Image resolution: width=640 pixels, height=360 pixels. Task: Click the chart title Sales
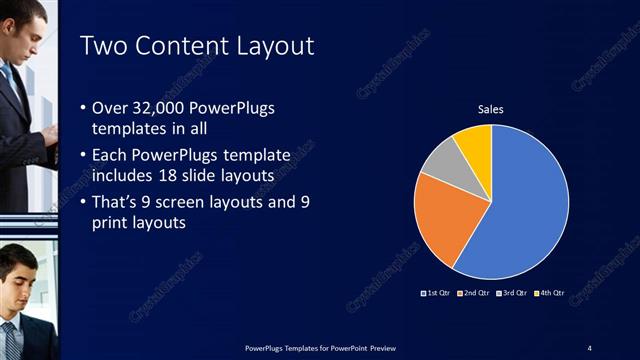490,110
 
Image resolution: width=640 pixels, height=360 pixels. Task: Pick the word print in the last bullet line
110,224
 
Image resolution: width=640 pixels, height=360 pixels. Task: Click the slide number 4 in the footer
590,347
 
